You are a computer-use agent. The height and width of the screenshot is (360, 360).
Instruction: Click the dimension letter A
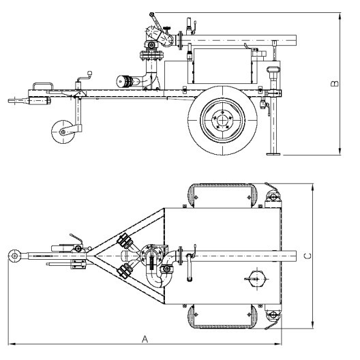point(145,338)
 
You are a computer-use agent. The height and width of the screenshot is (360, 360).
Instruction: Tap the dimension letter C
point(307,256)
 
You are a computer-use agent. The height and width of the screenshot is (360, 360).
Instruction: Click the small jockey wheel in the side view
point(63,130)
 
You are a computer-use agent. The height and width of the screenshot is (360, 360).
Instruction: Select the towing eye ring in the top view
point(13,256)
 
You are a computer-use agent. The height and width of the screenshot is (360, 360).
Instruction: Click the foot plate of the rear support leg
point(272,154)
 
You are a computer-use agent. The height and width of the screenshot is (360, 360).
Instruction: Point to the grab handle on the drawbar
point(42,85)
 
